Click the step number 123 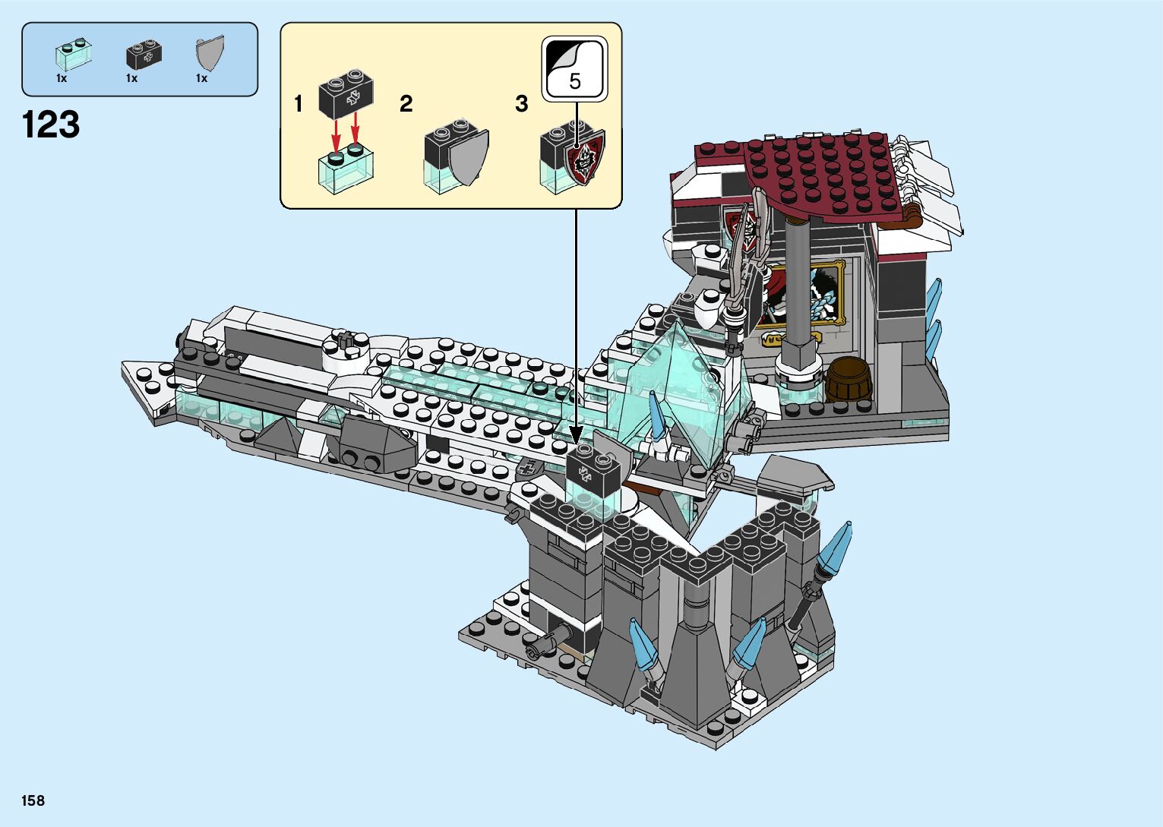51,125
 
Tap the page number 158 33,800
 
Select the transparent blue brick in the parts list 74,54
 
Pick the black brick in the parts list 144,55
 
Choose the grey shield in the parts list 210,52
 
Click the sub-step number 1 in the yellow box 298,104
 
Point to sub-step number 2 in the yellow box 406,104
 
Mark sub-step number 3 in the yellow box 521,104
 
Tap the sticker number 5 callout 575,69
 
